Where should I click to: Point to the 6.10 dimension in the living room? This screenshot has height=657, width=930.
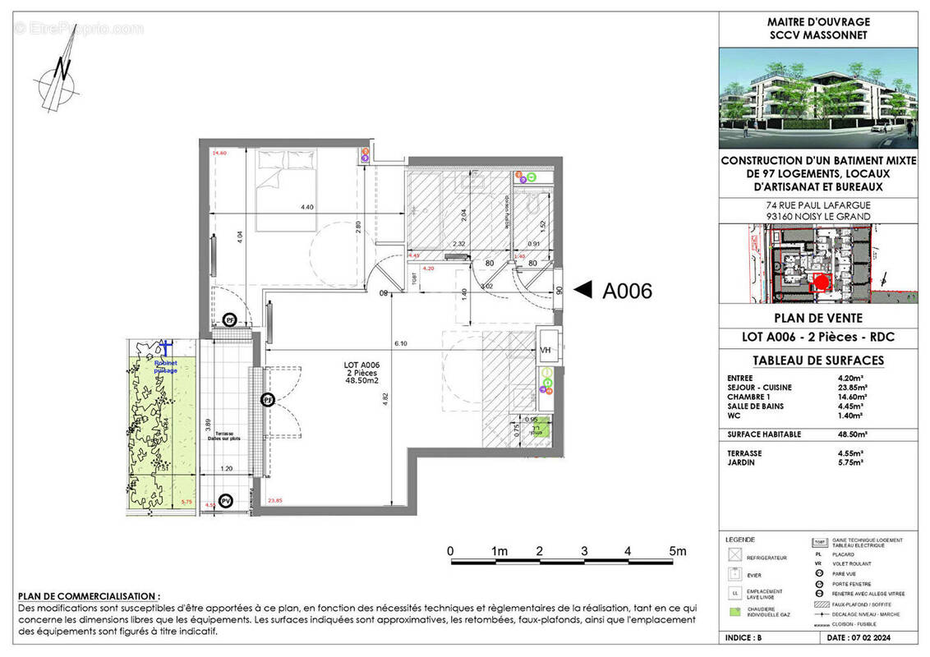point(401,343)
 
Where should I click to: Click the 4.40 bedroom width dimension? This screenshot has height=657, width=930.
point(306,207)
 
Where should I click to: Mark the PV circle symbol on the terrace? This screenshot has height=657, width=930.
point(227,500)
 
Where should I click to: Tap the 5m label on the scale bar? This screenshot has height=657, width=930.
point(676,550)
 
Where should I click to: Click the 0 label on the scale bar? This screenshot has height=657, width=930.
point(450,550)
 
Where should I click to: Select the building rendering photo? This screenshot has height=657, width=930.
point(818,99)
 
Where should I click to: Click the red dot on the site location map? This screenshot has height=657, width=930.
point(817,282)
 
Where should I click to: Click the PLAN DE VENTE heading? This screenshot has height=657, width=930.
point(818,318)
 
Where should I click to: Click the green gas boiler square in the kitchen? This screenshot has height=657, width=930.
point(536,430)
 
